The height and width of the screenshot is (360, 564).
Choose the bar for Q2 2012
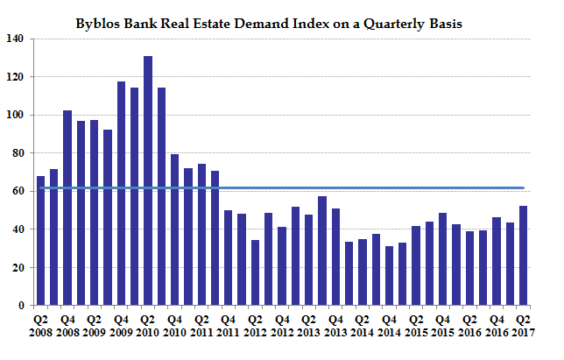coord(255,272)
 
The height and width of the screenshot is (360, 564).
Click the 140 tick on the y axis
coord(16,39)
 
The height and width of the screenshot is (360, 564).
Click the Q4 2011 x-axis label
coord(229,325)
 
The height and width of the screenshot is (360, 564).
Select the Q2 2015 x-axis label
coord(416,325)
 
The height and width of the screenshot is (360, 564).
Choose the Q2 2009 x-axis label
coord(94,325)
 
